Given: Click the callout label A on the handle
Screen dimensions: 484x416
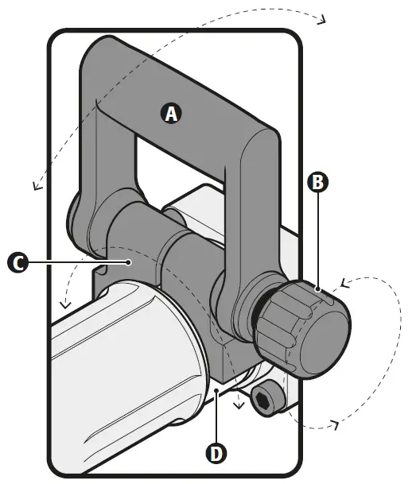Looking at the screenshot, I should tap(171, 114).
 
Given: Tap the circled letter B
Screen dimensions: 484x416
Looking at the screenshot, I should tap(317, 182).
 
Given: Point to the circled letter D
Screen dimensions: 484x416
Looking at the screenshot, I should tap(216, 454).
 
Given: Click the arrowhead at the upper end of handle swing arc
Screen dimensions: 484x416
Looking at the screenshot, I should tap(321, 21).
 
